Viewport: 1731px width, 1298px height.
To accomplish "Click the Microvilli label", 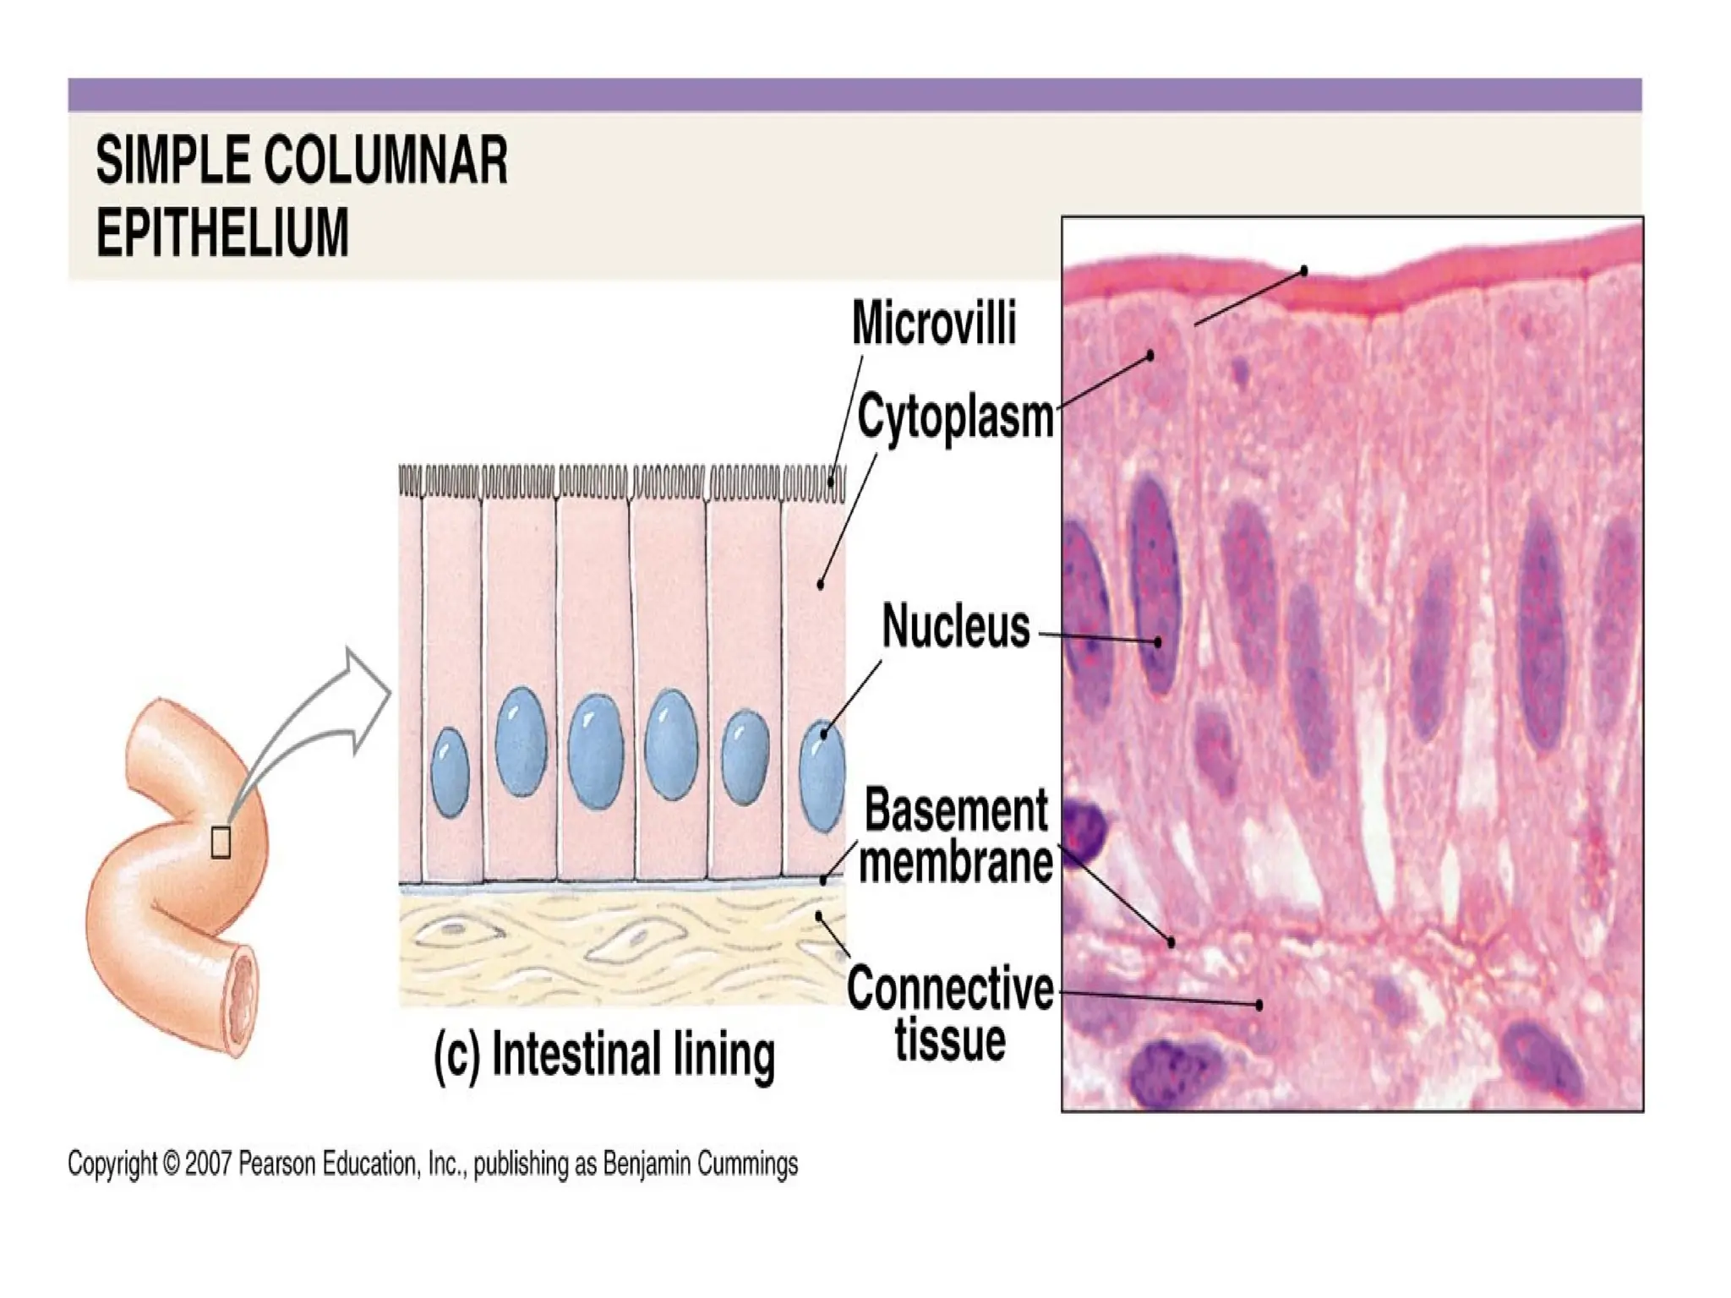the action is coord(933,324).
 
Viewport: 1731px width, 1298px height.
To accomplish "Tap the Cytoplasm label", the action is coord(955,417).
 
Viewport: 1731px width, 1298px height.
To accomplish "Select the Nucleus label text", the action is coord(956,627).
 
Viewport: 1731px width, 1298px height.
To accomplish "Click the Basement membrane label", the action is coord(956,837).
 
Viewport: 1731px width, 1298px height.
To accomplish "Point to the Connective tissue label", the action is coord(950,1014).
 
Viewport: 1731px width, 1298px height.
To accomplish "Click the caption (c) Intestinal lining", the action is coord(603,1055).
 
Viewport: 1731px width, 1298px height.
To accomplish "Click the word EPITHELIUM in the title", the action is coord(222,232).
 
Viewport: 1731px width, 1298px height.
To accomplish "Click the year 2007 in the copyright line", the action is coord(209,1164).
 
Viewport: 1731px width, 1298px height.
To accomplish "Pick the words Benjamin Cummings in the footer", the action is coord(700,1164).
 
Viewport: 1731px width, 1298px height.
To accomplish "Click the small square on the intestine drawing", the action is coord(220,842).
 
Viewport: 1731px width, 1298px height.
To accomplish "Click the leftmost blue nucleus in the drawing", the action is coord(450,773).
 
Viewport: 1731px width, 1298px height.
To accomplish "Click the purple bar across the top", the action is coord(855,95).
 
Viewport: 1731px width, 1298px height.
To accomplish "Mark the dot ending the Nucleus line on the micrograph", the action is coord(1158,642).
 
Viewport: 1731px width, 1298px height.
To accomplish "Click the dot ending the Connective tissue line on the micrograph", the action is coord(1259,1005).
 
